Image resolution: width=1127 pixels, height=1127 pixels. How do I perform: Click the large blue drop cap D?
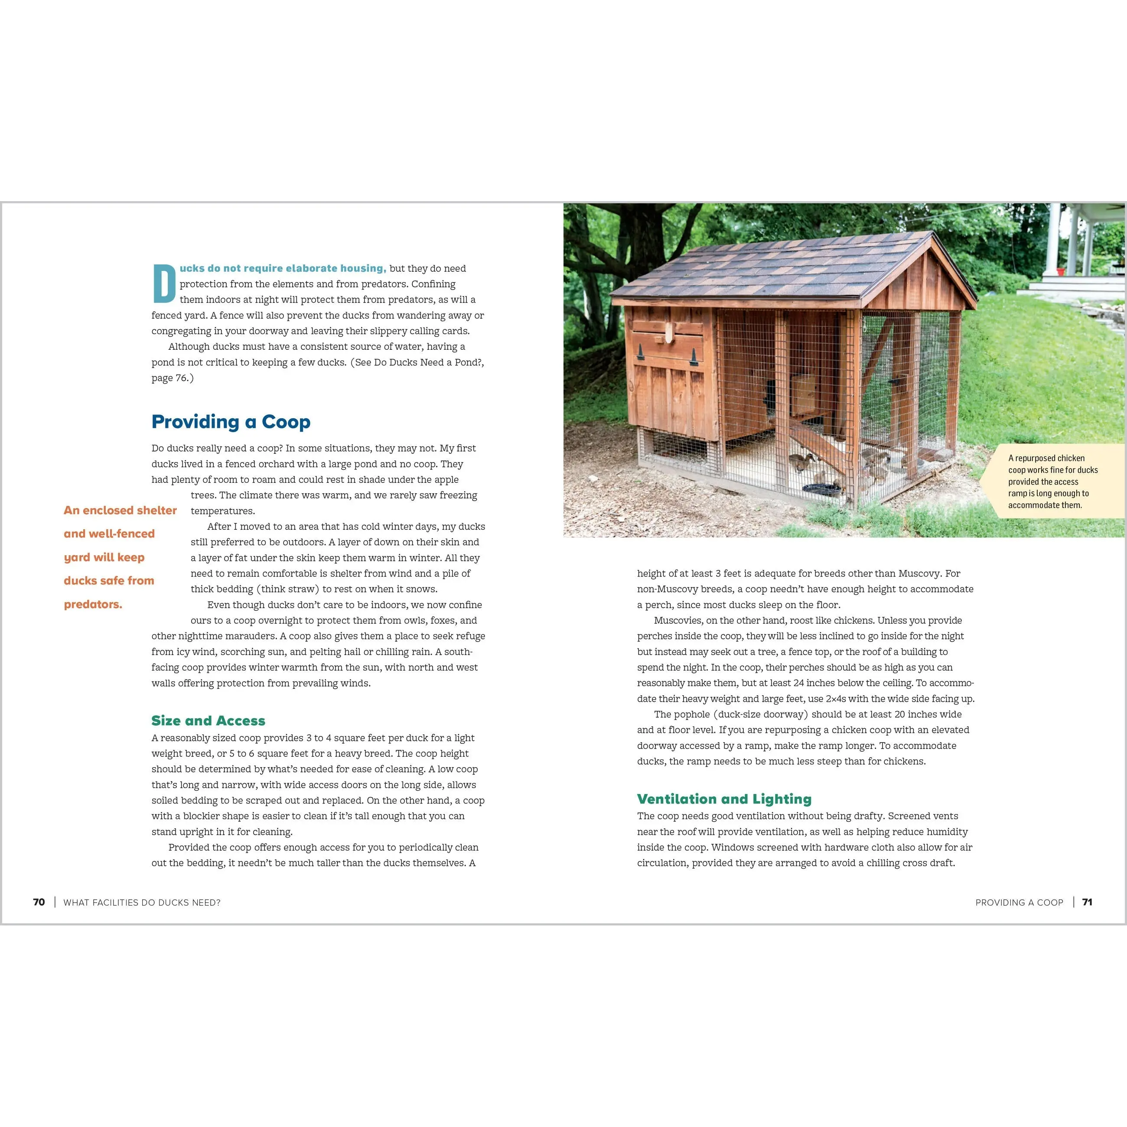pos(164,284)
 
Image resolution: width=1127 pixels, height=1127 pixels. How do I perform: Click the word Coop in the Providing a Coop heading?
pos(285,422)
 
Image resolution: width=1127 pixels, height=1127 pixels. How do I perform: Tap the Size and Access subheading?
pos(208,720)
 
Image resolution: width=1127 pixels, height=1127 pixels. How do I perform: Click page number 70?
pos(39,902)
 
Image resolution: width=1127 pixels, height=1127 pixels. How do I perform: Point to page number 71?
pos(1087,902)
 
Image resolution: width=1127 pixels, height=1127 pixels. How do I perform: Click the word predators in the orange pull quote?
pos(93,604)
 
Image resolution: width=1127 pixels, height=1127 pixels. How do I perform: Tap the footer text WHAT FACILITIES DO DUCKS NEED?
pos(142,902)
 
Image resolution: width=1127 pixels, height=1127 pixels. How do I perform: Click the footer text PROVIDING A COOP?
pos(1019,902)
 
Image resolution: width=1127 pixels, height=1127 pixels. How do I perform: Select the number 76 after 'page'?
pos(181,378)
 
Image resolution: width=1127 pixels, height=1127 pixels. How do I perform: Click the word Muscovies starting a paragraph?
pos(677,621)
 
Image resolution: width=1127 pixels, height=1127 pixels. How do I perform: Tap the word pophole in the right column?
pos(693,715)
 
